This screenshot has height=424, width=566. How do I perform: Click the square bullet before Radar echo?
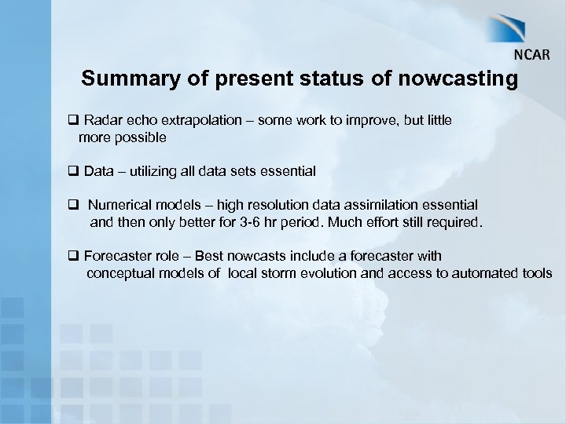pyautogui.click(x=72, y=121)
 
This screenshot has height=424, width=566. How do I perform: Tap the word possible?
pyautogui.click(x=142, y=138)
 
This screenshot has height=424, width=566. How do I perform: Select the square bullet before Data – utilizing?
pyautogui.click(x=72, y=170)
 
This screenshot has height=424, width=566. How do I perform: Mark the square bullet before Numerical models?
pyautogui.click(x=72, y=205)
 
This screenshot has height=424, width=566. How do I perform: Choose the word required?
pyautogui.click(x=452, y=222)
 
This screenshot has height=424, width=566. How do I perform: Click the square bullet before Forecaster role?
pyautogui.click(x=72, y=256)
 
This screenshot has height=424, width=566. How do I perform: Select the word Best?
pyautogui.click(x=209, y=256)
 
